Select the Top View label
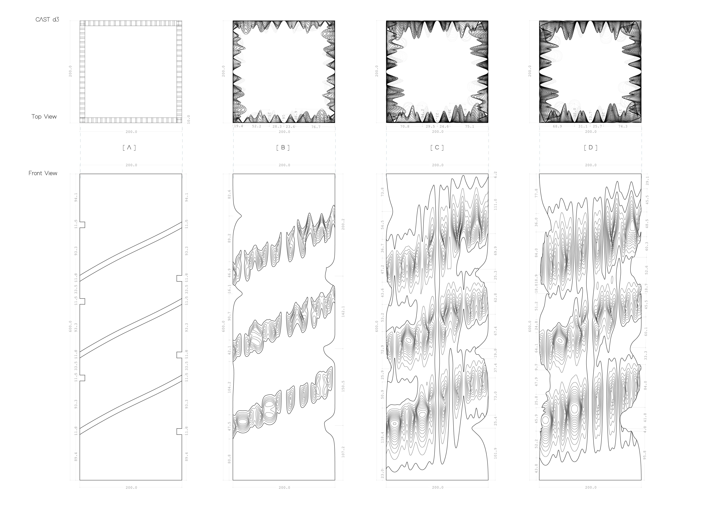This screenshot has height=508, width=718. pyautogui.click(x=44, y=117)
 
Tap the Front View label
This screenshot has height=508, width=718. pyautogui.click(x=43, y=173)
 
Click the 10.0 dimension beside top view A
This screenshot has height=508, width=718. pyautogui.click(x=188, y=119)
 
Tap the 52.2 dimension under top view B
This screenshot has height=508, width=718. pyautogui.click(x=257, y=126)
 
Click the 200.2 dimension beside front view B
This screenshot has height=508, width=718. pyautogui.click(x=343, y=224)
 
